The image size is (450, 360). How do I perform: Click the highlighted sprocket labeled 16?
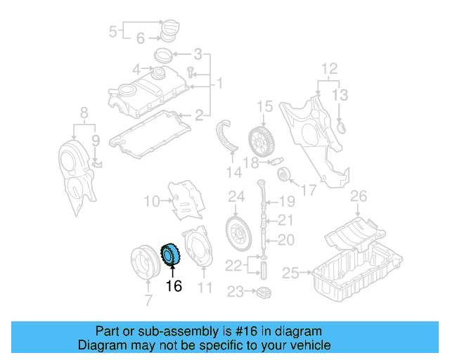[x=171, y=255]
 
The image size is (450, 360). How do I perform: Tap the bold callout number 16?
[x=174, y=286]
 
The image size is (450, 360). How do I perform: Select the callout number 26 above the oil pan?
[x=359, y=195]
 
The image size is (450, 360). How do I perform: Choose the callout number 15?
[x=264, y=107]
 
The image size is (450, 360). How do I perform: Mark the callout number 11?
[x=205, y=288]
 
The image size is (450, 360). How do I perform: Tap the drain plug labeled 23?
[x=265, y=291]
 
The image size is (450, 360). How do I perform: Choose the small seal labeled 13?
[x=342, y=127]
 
